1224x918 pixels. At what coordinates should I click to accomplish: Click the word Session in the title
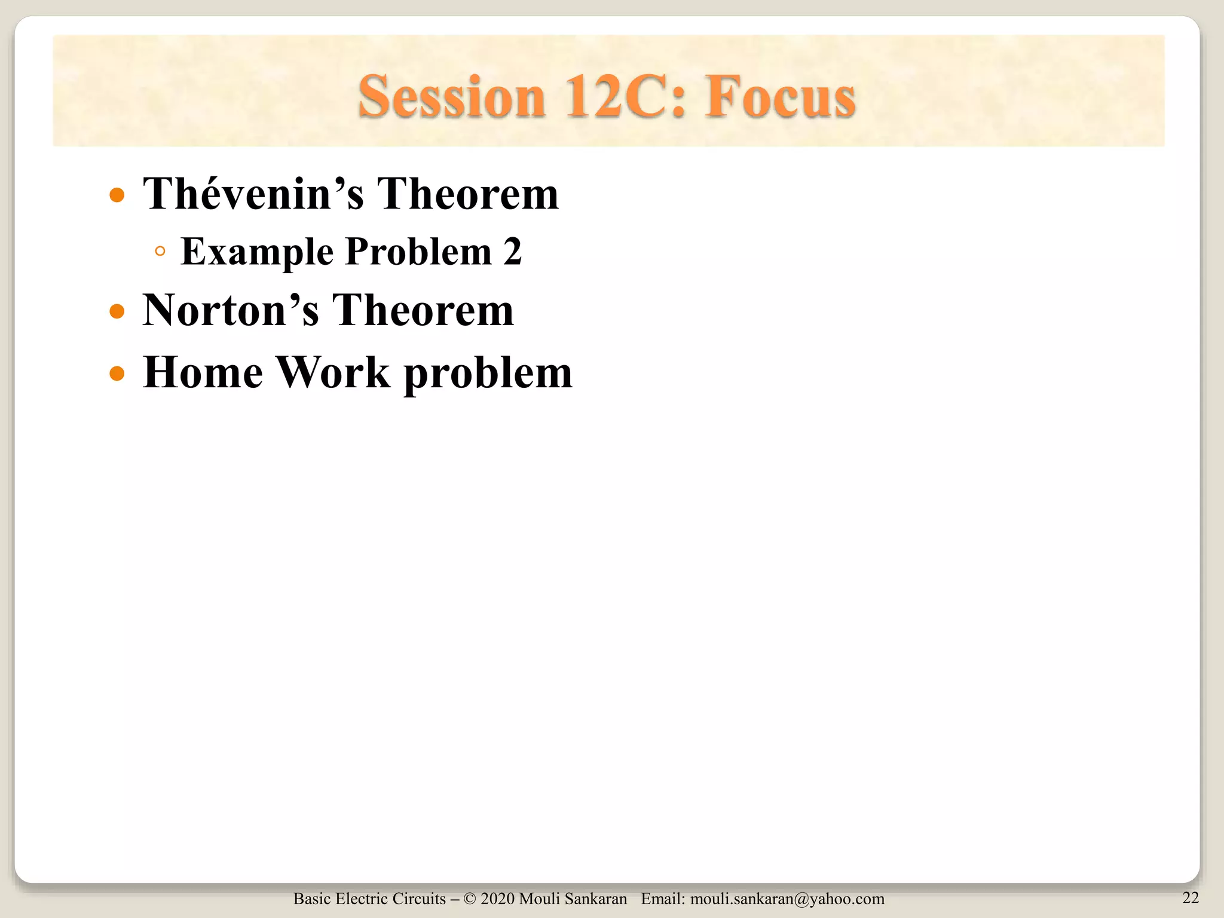click(x=452, y=97)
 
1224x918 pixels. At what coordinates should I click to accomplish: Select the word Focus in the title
click(x=780, y=97)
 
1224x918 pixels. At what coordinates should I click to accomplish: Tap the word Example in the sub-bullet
click(x=257, y=252)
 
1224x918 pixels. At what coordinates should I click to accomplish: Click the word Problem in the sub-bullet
click(x=418, y=252)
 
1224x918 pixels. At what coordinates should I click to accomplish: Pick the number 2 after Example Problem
click(x=512, y=252)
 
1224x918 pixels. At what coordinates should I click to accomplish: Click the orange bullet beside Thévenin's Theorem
click(x=117, y=195)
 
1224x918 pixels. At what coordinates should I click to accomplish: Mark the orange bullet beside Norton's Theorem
click(x=117, y=311)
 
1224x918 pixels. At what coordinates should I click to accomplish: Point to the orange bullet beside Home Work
click(x=117, y=374)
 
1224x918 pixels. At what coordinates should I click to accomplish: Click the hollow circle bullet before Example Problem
click(x=160, y=252)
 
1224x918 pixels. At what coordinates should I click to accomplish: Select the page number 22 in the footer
click(x=1191, y=897)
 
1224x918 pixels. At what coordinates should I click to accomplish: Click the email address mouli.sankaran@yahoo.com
click(x=787, y=899)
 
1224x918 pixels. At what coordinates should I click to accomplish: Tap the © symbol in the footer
click(x=470, y=899)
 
